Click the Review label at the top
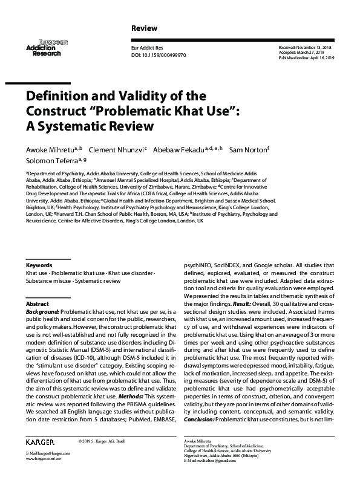tap(144, 28)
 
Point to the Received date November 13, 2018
tap(315, 47)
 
